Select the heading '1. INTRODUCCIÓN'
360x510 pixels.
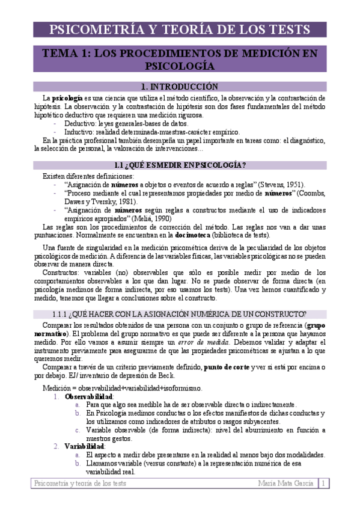(179, 87)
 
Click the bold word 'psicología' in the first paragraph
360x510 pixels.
(67, 97)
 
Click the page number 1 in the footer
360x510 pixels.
(323, 483)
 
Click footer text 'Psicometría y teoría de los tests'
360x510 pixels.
(80, 483)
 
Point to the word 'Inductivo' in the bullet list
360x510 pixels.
(79, 132)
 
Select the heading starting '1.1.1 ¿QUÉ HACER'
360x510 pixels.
(179, 313)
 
